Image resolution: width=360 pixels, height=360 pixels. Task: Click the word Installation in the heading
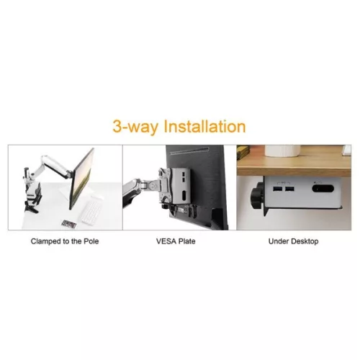[x=204, y=127]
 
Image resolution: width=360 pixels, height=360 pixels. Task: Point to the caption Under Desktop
[x=294, y=240]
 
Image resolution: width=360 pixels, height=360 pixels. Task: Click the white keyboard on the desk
[x=90, y=210]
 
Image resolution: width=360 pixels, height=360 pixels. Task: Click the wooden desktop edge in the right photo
[x=295, y=168]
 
